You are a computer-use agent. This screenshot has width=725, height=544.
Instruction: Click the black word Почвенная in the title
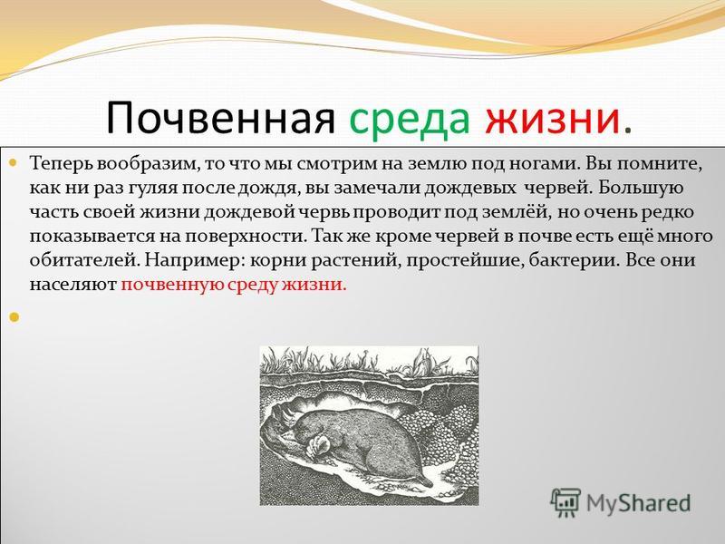pyautogui.click(x=220, y=119)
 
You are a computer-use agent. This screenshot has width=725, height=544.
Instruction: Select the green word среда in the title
pyautogui.click(x=410, y=121)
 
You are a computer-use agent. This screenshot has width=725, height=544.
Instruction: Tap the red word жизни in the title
pyautogui.click(x=552, y=120)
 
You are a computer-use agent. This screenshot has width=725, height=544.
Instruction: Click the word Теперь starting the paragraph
pyautogui.click(x=61, y=165)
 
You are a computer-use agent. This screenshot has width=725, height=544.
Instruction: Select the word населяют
pyautogui.click(x=73, y=285)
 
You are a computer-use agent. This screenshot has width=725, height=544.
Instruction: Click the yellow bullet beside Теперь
pyautogui.click(x=13, y=163)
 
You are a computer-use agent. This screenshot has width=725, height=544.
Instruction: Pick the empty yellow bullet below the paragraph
pyautogui.click(x=14, y=316)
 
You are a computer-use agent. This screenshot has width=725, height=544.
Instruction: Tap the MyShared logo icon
pyautogui.click(x=565, y=502)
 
